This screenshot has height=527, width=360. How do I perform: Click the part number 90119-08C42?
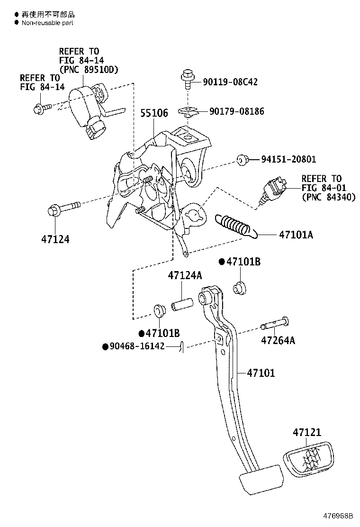pos(230,82)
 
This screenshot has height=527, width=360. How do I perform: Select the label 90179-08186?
pos(237,111)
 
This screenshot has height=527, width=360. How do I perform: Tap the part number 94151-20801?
pos(288,159)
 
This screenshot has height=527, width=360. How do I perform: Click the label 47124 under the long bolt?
pos(55,239)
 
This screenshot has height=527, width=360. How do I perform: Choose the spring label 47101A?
pos(296,235)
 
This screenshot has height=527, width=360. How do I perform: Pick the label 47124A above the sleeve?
pos(185,276)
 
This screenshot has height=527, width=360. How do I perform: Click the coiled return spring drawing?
pos(235,226)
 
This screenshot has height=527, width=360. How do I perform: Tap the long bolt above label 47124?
pos(64,208)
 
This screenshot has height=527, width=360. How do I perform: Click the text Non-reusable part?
pos(47,22)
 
